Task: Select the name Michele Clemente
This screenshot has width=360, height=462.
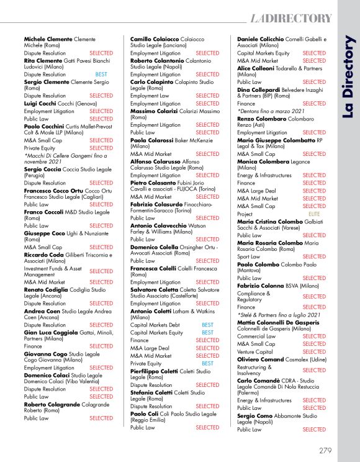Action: pos(48,38)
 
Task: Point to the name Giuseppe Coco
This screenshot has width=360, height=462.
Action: pos(45,233)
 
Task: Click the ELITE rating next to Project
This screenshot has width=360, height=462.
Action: pos(314,214)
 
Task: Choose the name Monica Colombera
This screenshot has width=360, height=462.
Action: pos(262,161)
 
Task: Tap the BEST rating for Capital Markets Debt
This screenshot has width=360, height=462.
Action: pos(207,325)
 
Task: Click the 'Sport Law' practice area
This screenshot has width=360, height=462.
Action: pos(249,256)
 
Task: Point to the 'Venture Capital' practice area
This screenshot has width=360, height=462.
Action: pos(256,351)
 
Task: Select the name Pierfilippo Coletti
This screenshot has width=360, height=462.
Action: pos(156,370)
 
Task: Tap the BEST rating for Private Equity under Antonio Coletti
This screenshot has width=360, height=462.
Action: pos(207,363)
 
